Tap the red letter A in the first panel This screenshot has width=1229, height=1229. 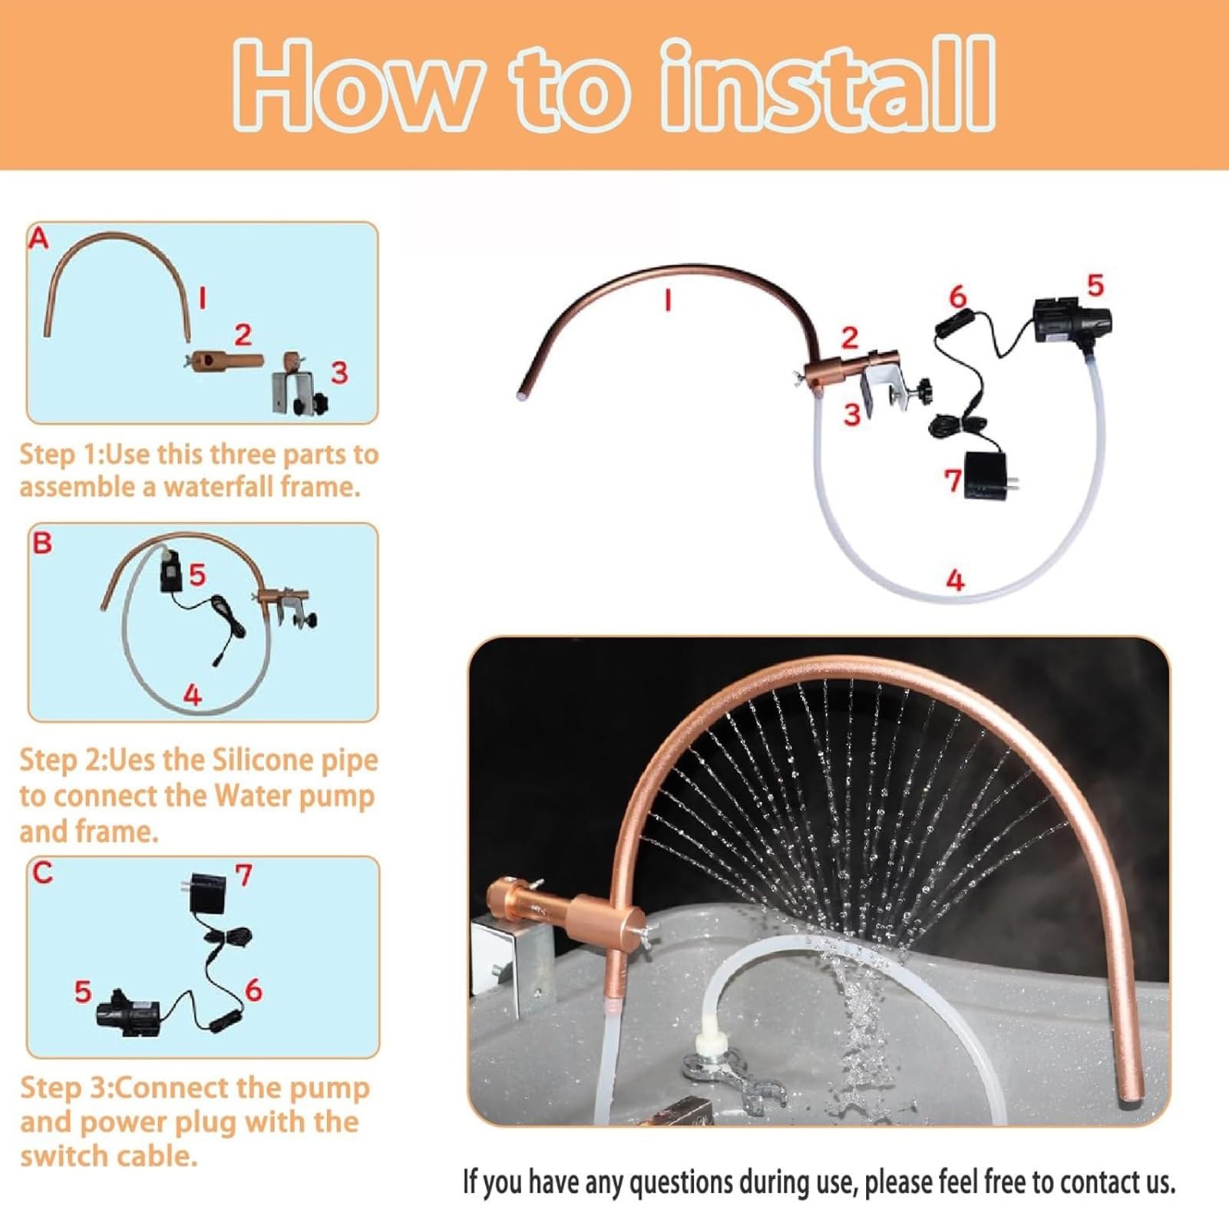click(38, 239)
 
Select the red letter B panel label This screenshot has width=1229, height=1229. click(42, 543)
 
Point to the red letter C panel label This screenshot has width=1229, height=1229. click(43, 872)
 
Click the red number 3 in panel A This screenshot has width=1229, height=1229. click(339, 372)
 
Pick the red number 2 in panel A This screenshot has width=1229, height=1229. click(243, 335)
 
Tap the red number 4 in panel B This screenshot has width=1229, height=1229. click(192, 694)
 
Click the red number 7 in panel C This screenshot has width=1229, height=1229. click(243, 874)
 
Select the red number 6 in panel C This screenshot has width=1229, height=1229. click(253, 989)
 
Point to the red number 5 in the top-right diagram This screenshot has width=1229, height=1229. click(1095, 286)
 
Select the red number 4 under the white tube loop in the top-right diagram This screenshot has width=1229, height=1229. click(955, 580)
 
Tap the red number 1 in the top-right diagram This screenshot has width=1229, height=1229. click(668, 299)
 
